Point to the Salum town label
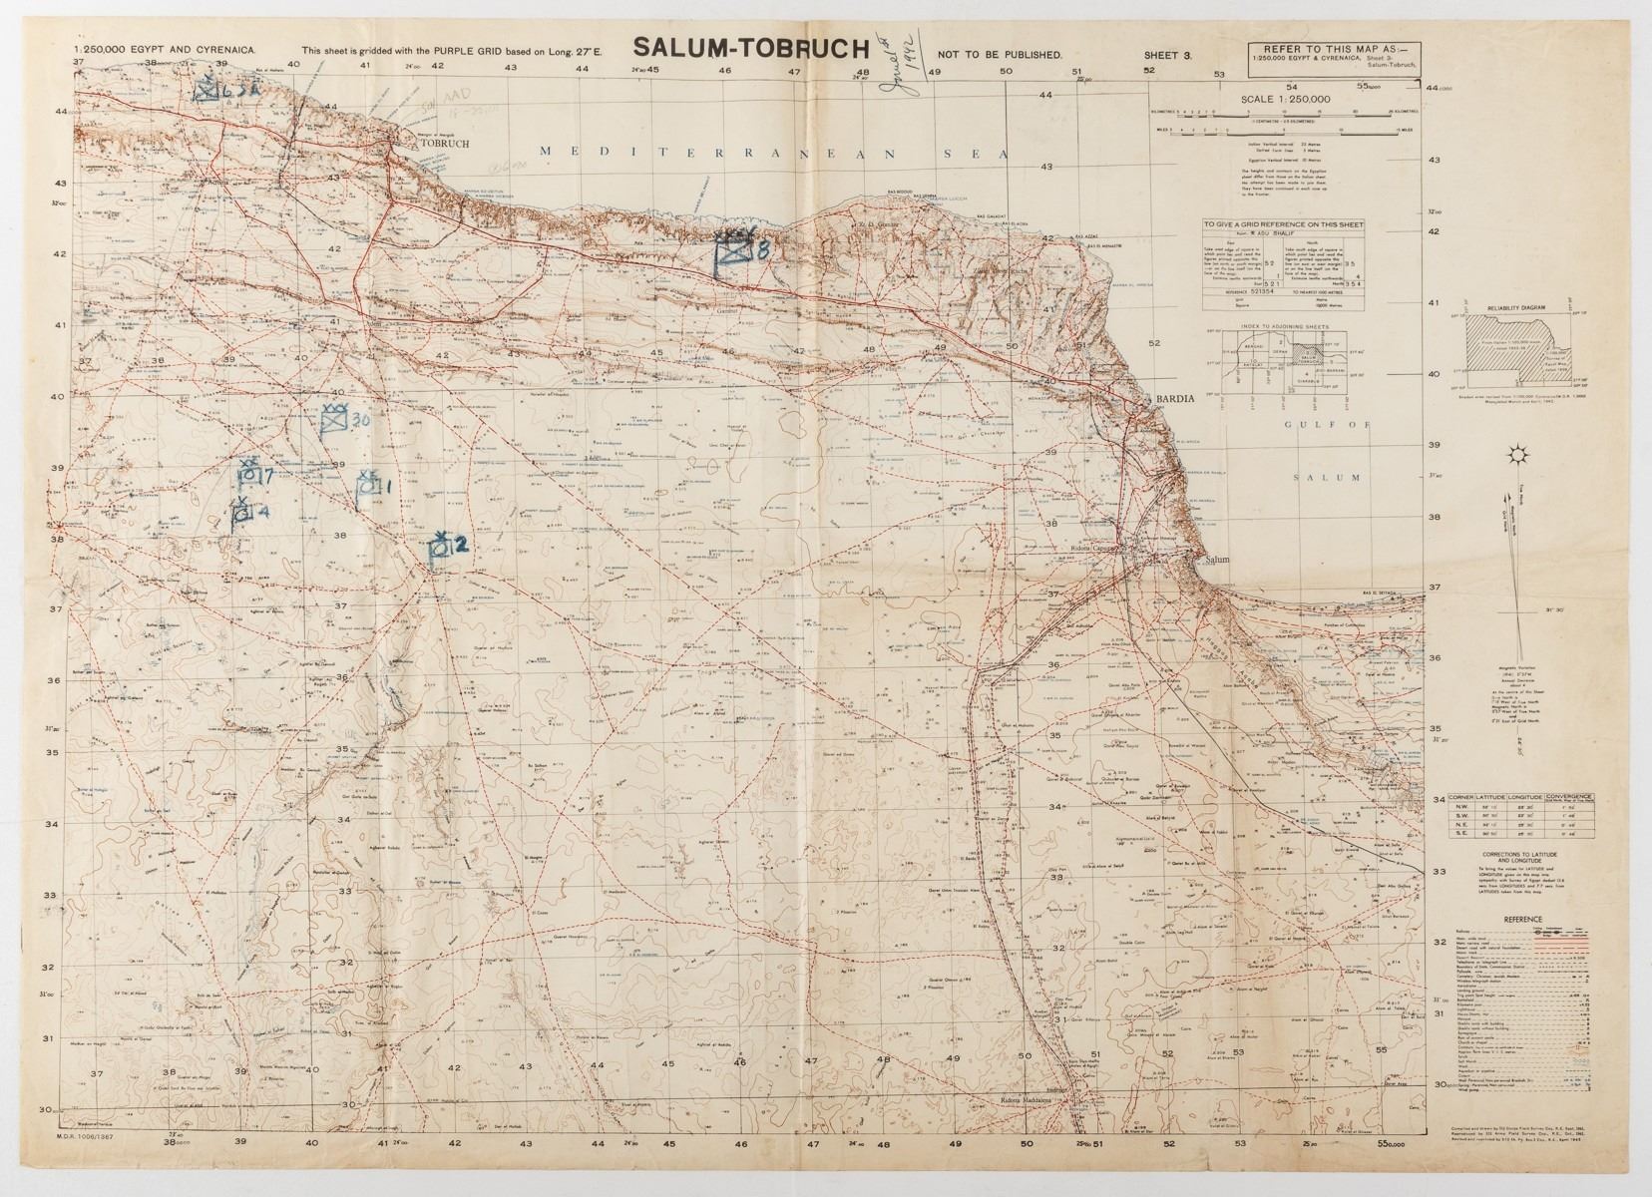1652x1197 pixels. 1218,560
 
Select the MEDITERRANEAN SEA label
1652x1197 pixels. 773,153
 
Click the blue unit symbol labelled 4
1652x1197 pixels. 241,513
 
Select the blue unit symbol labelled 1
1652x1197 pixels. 367,486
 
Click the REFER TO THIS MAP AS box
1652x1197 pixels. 1335,58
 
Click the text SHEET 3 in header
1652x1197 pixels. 1167,55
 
